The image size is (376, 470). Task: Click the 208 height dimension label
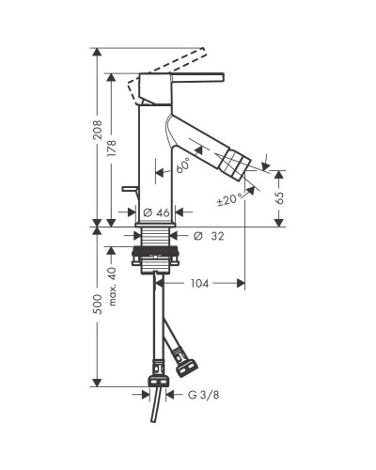point(98,130)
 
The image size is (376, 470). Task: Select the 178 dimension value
point(112,149)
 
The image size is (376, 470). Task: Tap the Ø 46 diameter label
point(156,212)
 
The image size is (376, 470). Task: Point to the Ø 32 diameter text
point(209,236)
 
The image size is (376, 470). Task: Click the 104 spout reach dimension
point(199,284)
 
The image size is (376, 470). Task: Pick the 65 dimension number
point(279,197)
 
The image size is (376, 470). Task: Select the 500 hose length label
point(98,305)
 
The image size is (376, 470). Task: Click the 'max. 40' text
point(113,286)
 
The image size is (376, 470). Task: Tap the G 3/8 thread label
point(203,395)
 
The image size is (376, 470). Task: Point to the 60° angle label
point(183,165)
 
